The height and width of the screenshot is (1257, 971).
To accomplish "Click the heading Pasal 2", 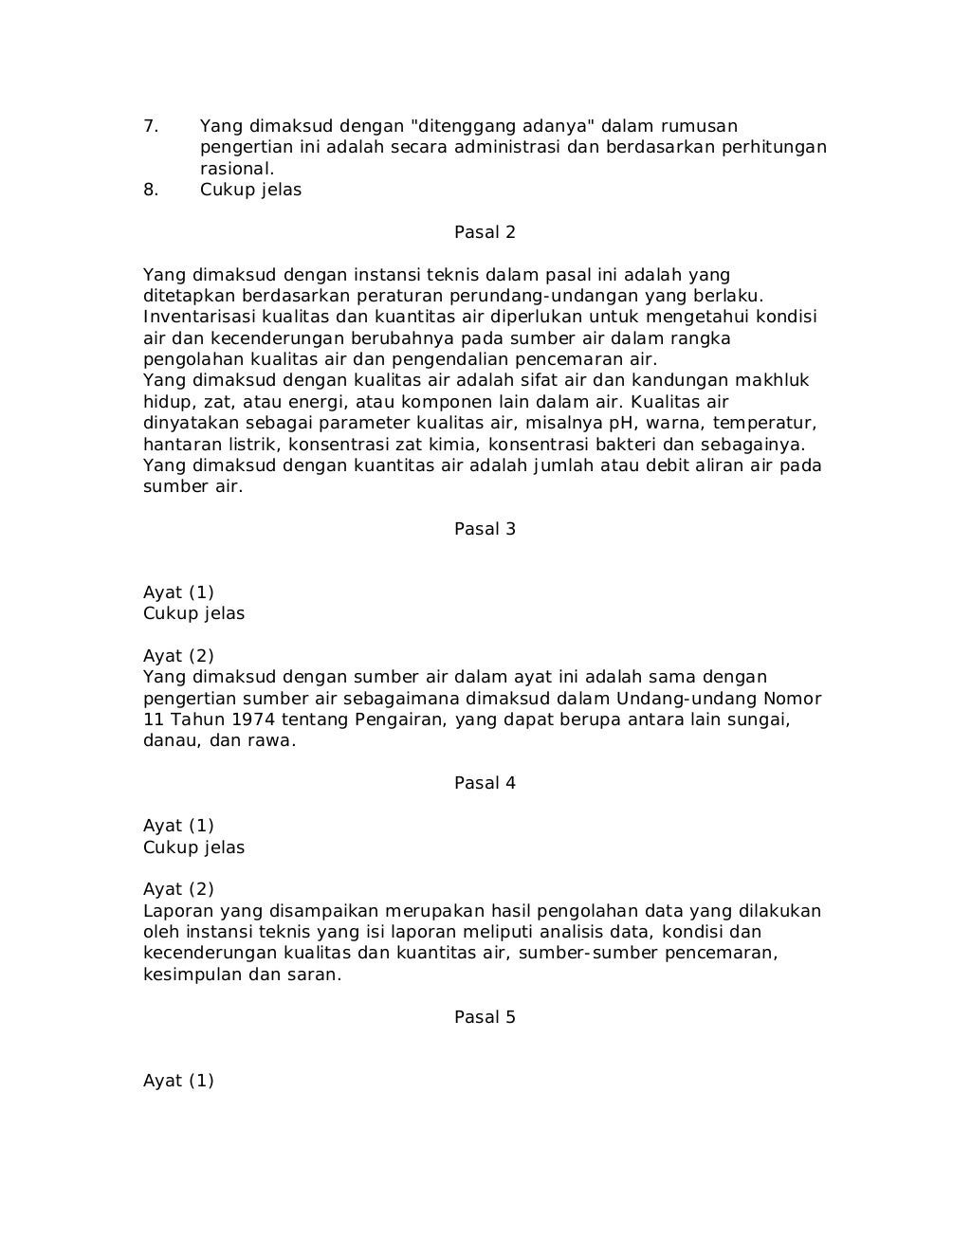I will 485,232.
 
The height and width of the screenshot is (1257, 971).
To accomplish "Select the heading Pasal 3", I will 485,529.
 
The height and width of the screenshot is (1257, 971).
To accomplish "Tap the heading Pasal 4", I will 485,783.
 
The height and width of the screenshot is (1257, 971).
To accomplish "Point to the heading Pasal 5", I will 485,1017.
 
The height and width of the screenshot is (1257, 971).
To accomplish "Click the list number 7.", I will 150,126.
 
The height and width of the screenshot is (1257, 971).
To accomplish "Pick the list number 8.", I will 150,190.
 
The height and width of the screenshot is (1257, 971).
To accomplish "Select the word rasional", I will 236,169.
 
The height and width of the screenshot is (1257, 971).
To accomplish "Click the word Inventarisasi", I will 199,317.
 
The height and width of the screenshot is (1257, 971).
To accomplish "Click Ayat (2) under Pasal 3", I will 178,656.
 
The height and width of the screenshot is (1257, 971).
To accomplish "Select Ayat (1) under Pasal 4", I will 178,826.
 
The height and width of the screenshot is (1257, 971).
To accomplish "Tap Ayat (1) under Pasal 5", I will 178,1081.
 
